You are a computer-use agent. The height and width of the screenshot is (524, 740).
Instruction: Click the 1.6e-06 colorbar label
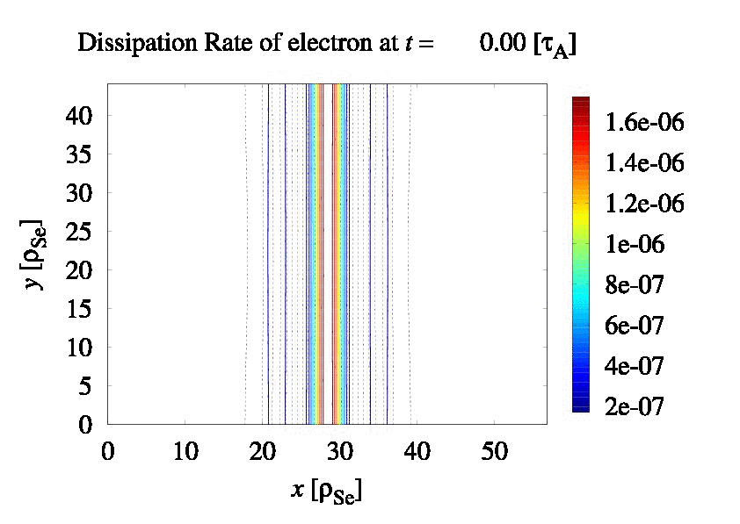coord(644,122)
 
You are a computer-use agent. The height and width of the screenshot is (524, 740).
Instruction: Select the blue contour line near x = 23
coord(285,255)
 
